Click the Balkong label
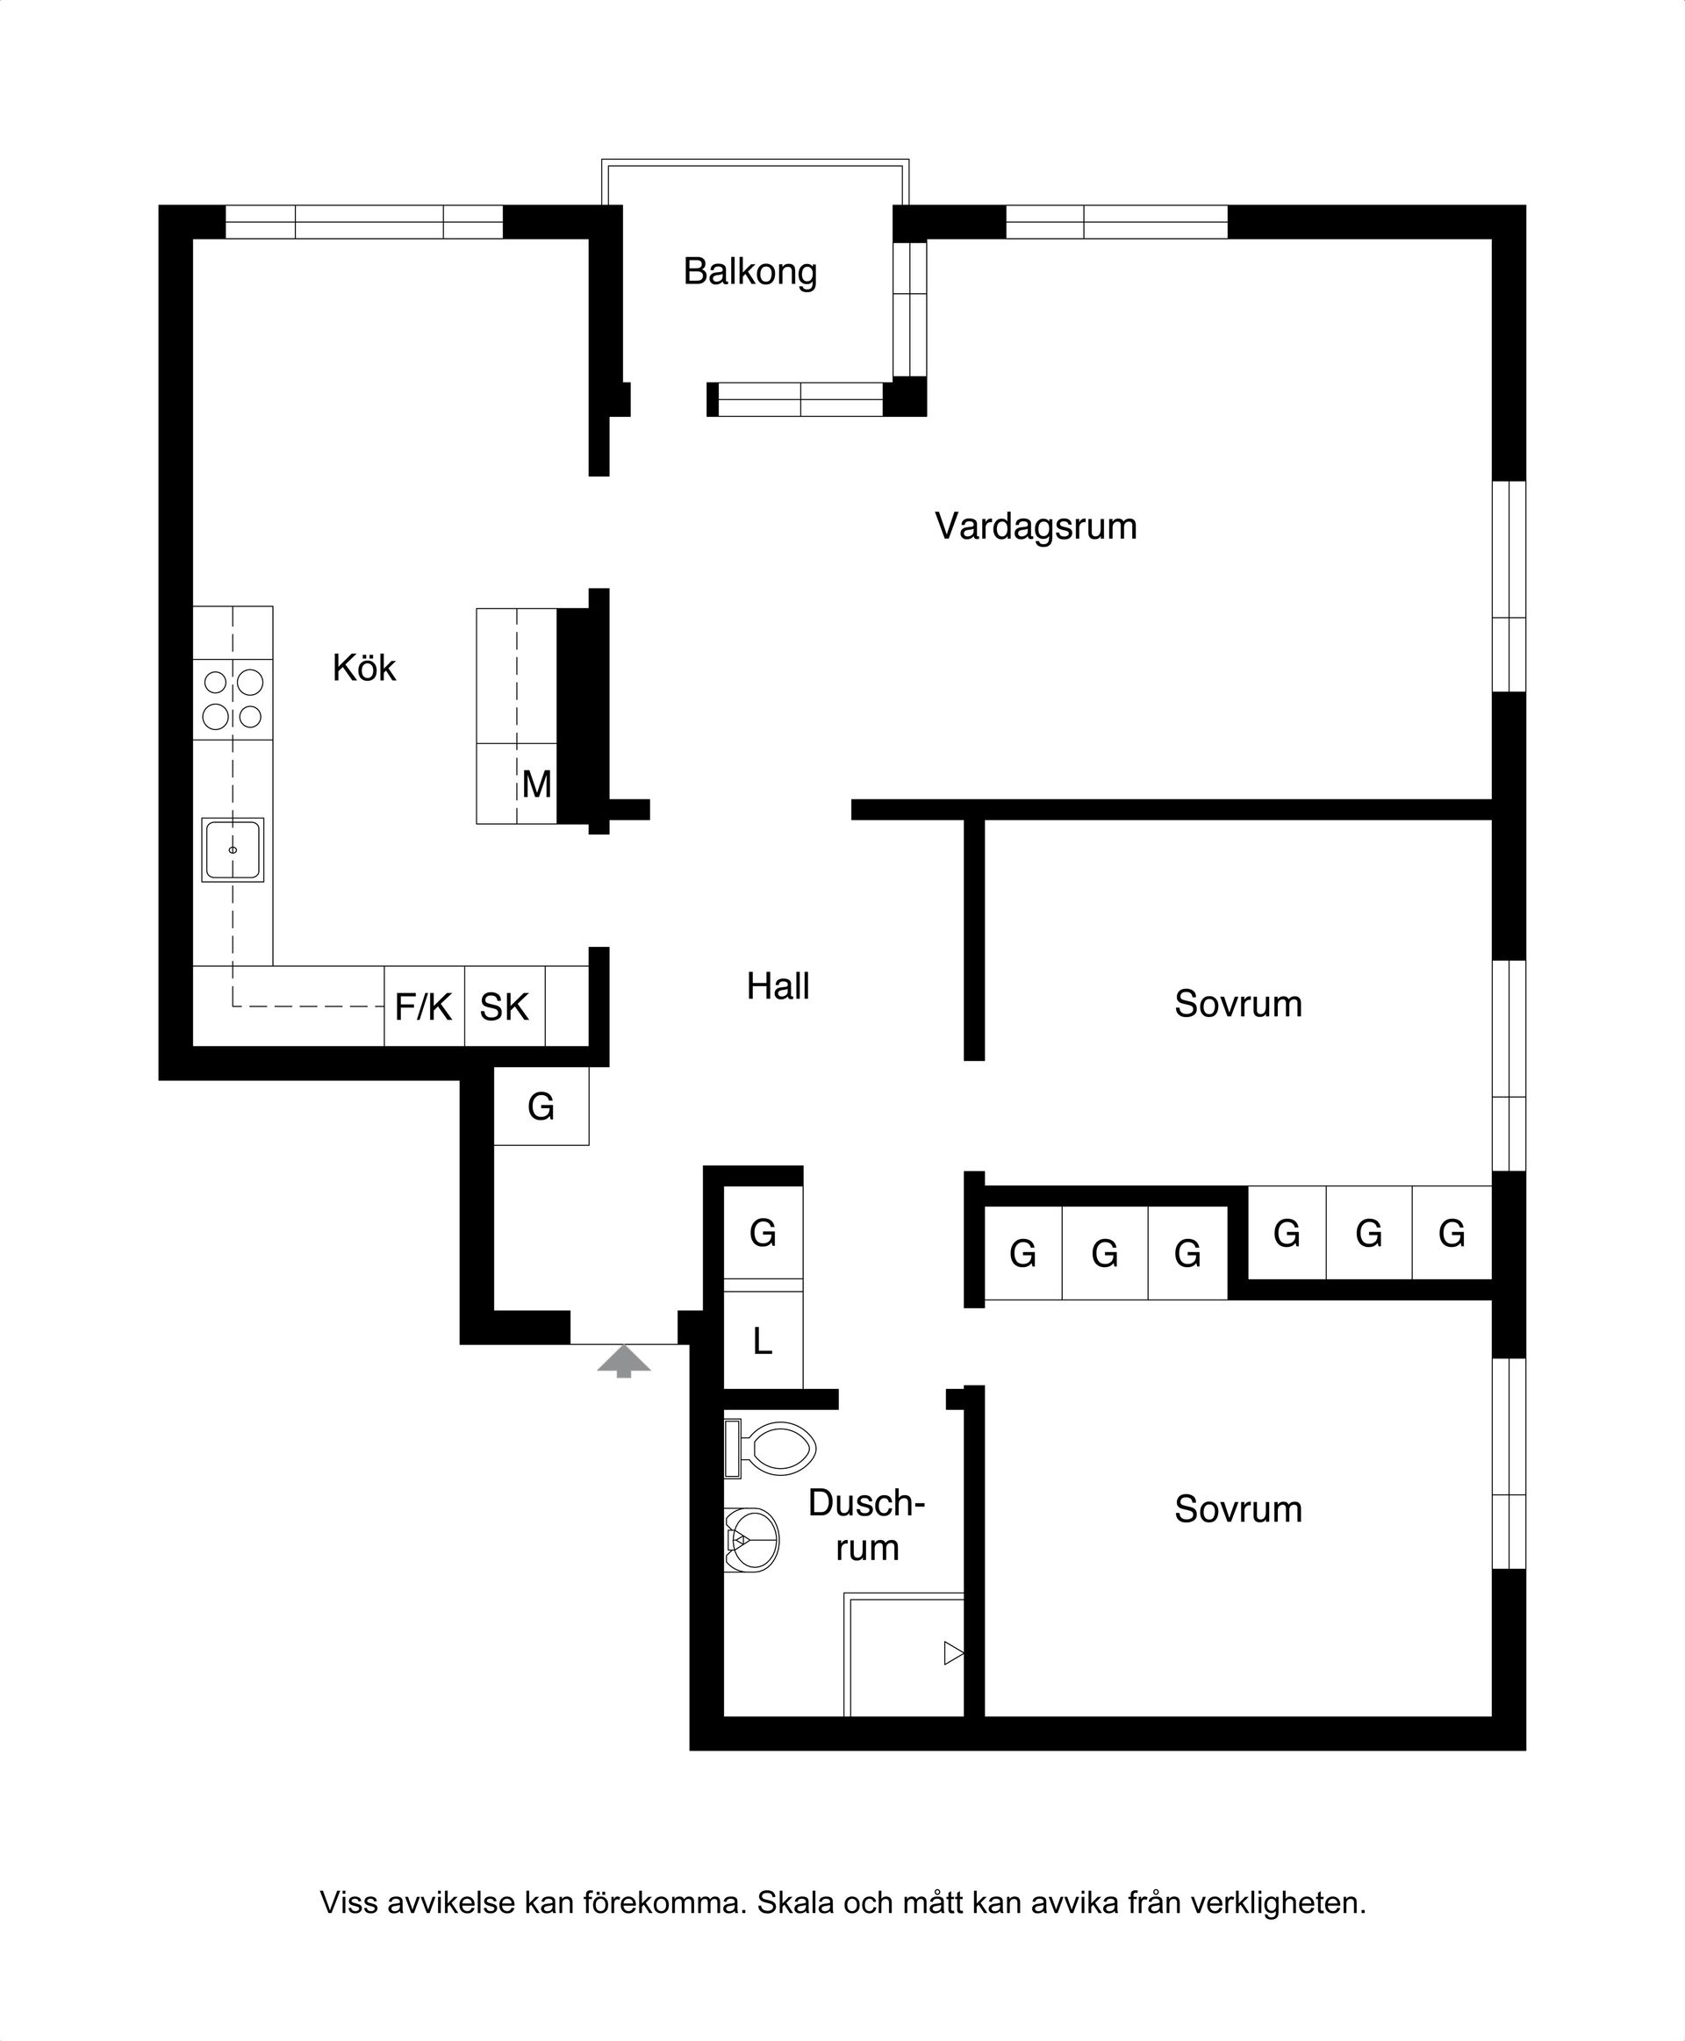(750, 272)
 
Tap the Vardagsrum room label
(1036, 526)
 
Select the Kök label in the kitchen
(364, 668)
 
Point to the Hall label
(778, 986)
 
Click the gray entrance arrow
(624, 1360)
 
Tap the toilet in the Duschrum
(771, 1448)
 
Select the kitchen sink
(233, 850)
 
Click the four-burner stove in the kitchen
(233, 698)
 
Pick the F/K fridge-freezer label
(423, 1006)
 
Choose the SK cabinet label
(504, 1007)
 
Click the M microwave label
(537, 784)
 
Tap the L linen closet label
(763, 1342)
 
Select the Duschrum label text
(867, 1525)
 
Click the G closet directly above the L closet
(763, 1234)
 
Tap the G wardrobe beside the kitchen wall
(541, 1106)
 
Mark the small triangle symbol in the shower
(953, 1653)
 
